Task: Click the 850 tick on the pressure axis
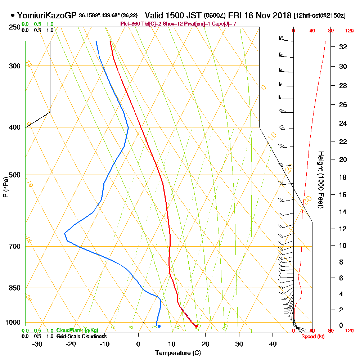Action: click(x=15, y=288)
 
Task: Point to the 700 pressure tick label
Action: click(x=15, y=247)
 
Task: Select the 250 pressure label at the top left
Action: click(x=15, y=27)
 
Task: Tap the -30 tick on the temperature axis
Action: click(x=37, y=344)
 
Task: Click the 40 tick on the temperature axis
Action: click(x=273, y=344)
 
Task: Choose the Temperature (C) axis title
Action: click(x=178, y=353)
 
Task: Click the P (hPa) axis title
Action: click(x=5, y=187)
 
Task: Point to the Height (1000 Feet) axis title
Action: click(x=320, y=180)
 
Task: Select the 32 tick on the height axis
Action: click(x=343, y=47)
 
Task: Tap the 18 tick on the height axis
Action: click(x=343, y=177)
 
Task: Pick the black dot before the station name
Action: click(x=13, y=15)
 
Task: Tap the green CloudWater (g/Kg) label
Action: click(x=77, y=330)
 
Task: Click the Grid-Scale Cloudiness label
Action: click(x=81, y=336)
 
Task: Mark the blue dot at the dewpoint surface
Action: click(x=159, y=326)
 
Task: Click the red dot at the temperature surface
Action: click(x=196, y=326)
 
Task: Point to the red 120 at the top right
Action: click(x=349, y=31)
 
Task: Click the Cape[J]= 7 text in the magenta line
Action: click(x=225, y=24)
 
